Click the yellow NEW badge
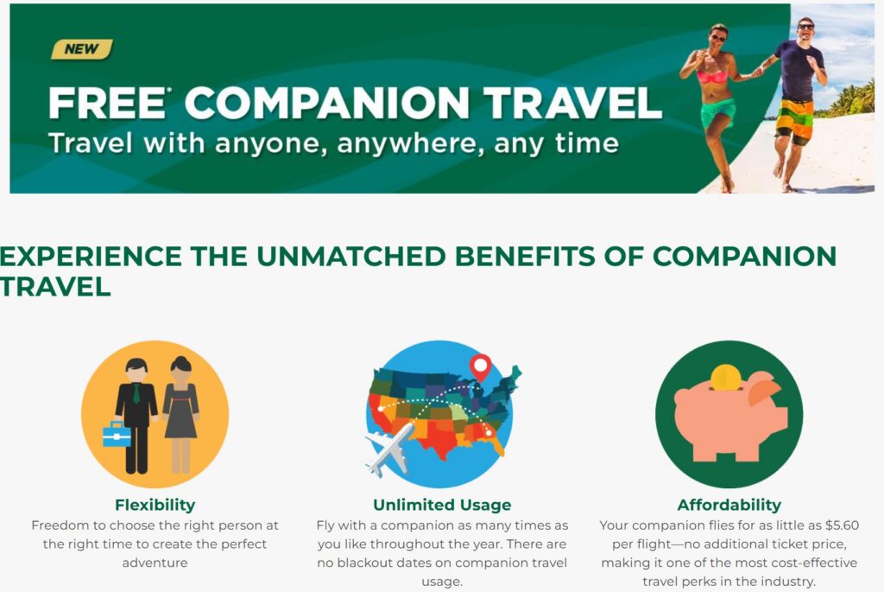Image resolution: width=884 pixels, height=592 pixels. pos(82,49)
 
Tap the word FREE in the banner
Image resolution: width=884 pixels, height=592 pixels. pos(106,103)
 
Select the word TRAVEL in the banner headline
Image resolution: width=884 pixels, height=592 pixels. pos(572,103)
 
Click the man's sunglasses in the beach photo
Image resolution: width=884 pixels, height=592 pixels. pos(805,27)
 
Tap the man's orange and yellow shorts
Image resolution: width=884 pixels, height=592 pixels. pos(794,119)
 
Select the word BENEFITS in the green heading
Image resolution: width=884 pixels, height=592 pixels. pos(525,256)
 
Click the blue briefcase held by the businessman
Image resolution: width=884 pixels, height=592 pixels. pos(117,435)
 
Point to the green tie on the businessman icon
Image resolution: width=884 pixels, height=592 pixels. pos(136,392)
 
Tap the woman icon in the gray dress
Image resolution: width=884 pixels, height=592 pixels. pos(180,415)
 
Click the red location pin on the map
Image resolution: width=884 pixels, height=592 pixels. pos(480,367)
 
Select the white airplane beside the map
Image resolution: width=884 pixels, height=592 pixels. pos(389,447)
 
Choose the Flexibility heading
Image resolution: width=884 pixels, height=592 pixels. pos(155,505)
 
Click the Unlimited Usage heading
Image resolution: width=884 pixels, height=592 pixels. pos(442,505)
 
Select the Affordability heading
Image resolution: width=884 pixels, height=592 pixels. pos(729,505)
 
